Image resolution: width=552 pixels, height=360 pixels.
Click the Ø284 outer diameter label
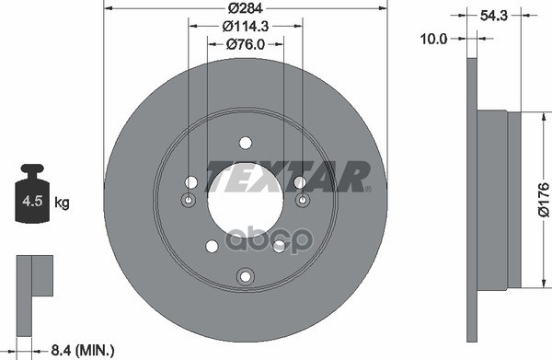244,9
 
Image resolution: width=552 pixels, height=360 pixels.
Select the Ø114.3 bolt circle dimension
244,27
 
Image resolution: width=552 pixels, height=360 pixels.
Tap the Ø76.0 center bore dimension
244,43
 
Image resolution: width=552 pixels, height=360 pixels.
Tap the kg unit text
63,201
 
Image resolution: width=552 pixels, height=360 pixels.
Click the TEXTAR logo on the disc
286,175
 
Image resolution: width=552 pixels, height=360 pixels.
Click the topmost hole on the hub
245,143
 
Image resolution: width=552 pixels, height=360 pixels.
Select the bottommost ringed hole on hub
245,276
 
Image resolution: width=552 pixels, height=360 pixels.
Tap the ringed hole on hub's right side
302,201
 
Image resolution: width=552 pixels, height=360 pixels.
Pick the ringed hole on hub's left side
189,201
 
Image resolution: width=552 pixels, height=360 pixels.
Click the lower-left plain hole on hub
212,246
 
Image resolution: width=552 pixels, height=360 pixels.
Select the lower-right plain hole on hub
278,246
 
